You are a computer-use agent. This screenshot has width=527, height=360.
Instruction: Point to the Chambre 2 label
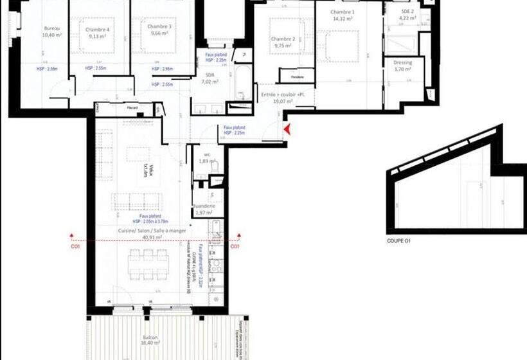point(284,39)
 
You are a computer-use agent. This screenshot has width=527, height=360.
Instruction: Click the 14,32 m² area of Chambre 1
point(343,19)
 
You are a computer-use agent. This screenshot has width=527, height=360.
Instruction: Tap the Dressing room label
point(402,62)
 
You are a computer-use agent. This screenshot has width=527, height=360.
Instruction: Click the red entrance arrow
point(287,130)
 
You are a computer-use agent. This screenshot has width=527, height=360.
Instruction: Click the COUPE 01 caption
point(398,241)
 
